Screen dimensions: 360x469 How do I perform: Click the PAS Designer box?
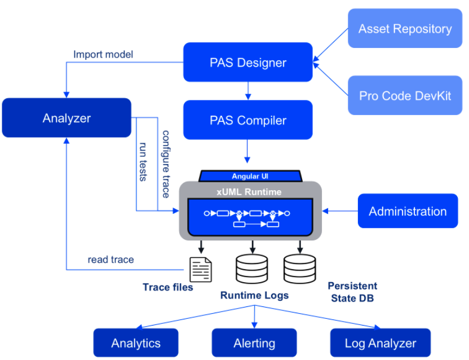click(x=248, y=62)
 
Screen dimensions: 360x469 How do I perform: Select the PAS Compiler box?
click(x=248, y=120)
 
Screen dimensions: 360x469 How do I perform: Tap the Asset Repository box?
click(x=405, y=28)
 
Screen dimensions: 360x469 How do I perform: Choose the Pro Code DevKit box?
click(x=405, y=95)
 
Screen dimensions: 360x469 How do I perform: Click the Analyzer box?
click(x=67, y=118)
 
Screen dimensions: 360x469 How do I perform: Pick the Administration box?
click(x=408, y=211)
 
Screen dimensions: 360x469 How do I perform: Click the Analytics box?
click(x=136, y=343)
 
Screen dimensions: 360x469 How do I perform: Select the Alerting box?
click(x=254, y=343)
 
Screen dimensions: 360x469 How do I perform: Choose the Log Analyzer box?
click(x=380, y=343)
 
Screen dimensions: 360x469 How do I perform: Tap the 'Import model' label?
click(x=103, y=55)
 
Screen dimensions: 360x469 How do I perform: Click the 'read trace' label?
click(x=110, y=260)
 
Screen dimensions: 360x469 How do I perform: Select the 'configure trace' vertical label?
click(x=166, y=164)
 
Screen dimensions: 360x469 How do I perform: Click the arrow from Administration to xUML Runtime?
click(x=340, y=212)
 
